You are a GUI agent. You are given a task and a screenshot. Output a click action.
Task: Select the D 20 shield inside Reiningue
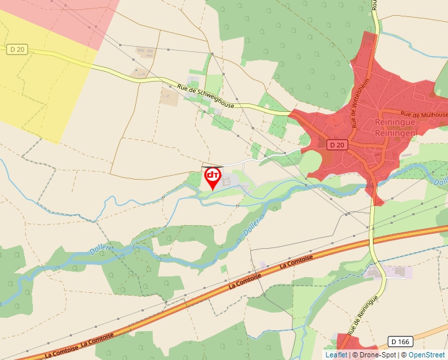click(x=337, y=144)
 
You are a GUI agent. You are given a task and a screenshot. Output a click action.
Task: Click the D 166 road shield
click(x=401, y=342)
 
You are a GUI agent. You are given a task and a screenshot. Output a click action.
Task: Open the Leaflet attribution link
click(x=336, y=355)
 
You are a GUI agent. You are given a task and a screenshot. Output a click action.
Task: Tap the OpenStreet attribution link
click(x=428, y=355)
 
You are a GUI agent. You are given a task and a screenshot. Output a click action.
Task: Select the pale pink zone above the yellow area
click(x=72, y=16)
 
